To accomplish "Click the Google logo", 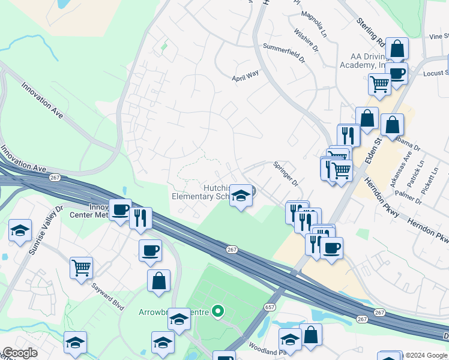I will (x=19, y=353).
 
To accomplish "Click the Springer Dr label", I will (x=286, y=172).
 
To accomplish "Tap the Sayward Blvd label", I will (x=108, y=297).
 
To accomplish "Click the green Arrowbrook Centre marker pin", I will (x=218, y=311).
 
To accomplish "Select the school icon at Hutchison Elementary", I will (x=241, y=196).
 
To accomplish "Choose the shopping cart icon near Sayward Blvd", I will (x=81, y=267).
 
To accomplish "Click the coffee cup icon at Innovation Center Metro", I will (x=120, y=209).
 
